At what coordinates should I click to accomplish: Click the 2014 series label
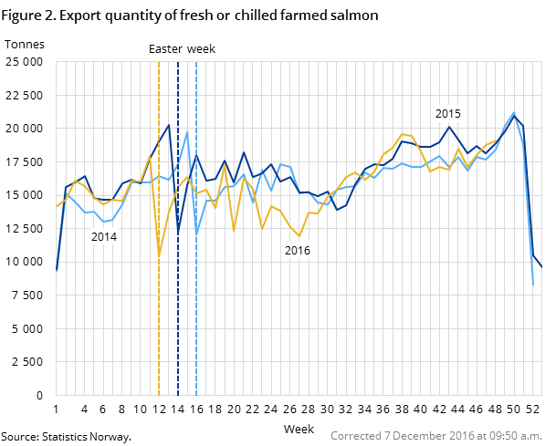point(104,237)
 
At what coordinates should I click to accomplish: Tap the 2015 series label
point(447,114)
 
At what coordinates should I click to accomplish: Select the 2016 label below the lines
point(298,251)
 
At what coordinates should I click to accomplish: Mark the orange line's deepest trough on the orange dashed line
point(159,255)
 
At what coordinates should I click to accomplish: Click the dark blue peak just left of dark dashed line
point(169,125)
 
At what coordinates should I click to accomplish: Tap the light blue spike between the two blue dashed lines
point(187,132)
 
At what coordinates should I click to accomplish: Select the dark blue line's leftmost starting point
point(57,270)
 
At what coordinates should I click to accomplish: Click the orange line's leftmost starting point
point(57,206)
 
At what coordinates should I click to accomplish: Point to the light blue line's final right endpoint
point(533,285)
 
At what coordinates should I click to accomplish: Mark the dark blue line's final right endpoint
point(542,267)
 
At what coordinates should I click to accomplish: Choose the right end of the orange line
point(496,141)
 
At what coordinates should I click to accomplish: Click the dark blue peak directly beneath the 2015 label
point(449,127)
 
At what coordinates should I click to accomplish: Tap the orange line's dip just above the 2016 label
point(299,236)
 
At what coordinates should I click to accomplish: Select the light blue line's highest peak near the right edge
point(514,112)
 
